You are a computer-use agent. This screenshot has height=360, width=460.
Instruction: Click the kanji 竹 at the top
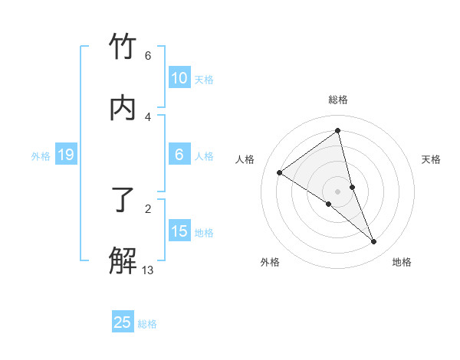point(123,47)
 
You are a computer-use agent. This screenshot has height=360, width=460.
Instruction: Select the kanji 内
point(123,107)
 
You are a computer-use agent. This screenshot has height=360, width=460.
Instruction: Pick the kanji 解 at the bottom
point(123,260)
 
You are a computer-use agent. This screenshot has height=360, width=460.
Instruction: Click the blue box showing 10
point(179,78)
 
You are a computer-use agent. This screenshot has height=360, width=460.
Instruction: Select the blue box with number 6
point(179,155)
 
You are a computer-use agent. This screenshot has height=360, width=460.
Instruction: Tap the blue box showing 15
point(179,231)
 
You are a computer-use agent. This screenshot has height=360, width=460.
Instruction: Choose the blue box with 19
point(65,155)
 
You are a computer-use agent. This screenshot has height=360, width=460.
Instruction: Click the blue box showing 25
point(123,322)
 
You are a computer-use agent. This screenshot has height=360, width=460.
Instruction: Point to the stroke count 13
point(148,270)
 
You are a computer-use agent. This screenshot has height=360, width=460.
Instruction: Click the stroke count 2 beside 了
point(148,208)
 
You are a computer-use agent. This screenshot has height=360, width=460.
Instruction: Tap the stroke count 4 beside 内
point(148,116)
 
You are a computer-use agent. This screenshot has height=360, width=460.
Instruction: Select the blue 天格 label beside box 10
point(204,79)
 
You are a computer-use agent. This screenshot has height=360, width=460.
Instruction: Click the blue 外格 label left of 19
point(41,156)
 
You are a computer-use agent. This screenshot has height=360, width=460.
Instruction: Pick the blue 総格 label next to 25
point(147,323)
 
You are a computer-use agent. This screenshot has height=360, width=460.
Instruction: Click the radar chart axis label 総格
point(338,100)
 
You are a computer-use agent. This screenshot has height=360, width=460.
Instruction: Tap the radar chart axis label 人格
point(245,159)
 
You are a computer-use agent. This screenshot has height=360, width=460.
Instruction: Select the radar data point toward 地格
point(374,242)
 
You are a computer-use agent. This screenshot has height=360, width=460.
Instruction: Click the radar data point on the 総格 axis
point(338,130)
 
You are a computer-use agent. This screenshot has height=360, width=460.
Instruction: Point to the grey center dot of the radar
point(338,191)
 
